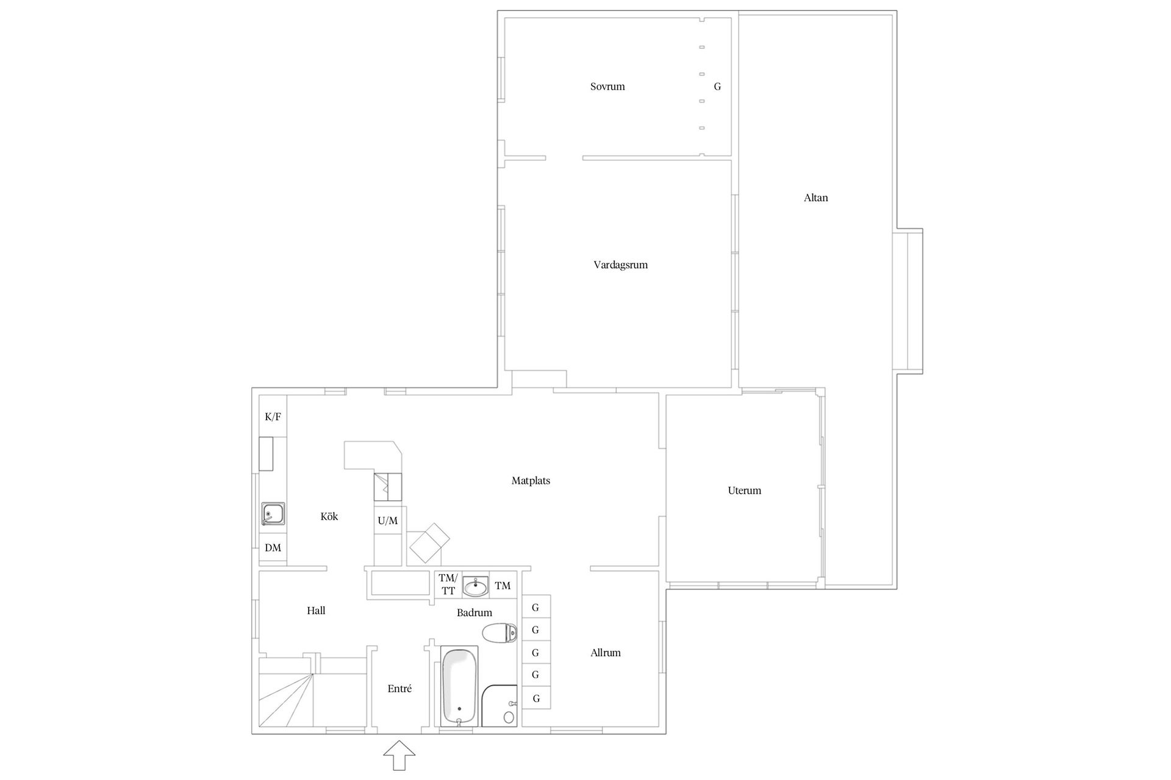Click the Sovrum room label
click(607, 87)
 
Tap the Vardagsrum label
click(620, 265)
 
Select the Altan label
click(816, 197)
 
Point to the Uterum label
click(744, 491)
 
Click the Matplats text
click(531, 481)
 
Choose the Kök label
click(329, 517)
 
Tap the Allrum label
click(606, 653)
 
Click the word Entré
click(399, 689)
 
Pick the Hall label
click(316, 611)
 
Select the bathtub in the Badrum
click(459, 687)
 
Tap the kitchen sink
click(273, 514)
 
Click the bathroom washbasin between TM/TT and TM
click(475, 586)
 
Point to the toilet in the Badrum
click(500, 633)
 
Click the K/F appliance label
click(273, 417)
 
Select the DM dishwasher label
click(273, 548)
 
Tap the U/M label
click(388, 521)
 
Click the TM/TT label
click(448, 584)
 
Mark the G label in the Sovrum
click(717, 87)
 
